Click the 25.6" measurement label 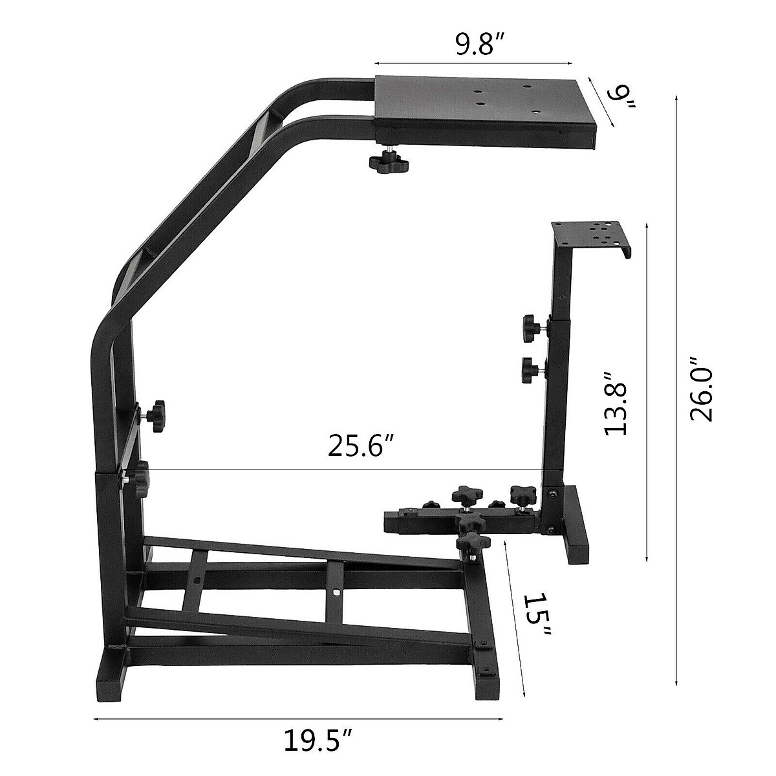click(361, 447)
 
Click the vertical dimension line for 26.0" click(676, 388)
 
